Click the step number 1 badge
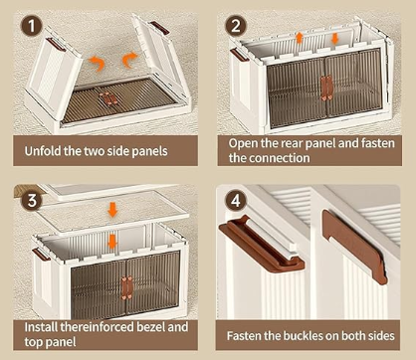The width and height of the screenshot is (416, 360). click(x=32, y=26)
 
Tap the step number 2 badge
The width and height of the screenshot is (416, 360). click(x=236, y=26)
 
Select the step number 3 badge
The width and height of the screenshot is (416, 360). click(x=32, y=201)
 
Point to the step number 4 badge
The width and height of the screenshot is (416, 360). click(x=236, y=201)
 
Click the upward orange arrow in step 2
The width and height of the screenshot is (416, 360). click(x=300, y=38)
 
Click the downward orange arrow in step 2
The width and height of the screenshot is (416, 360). click(x=334, y=39)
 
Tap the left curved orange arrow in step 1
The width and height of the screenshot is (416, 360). click(x=97, y=63)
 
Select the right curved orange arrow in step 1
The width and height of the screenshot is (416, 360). click(x=129, y=60)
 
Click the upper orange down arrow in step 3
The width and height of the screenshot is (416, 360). click(x=112, y=210)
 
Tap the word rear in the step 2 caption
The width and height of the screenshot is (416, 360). click(x=291, y=143)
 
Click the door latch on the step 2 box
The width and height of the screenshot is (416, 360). click(x=326, y=88)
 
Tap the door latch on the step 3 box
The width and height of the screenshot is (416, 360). click(x=126, y=287)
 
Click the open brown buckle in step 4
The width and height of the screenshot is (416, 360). click(x=261, y=244)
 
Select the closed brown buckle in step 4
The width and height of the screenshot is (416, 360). click(x=354, y=247)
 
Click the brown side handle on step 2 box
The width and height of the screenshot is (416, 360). click(x=240, y=55)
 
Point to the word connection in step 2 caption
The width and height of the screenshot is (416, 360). click(x=280, y=158)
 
